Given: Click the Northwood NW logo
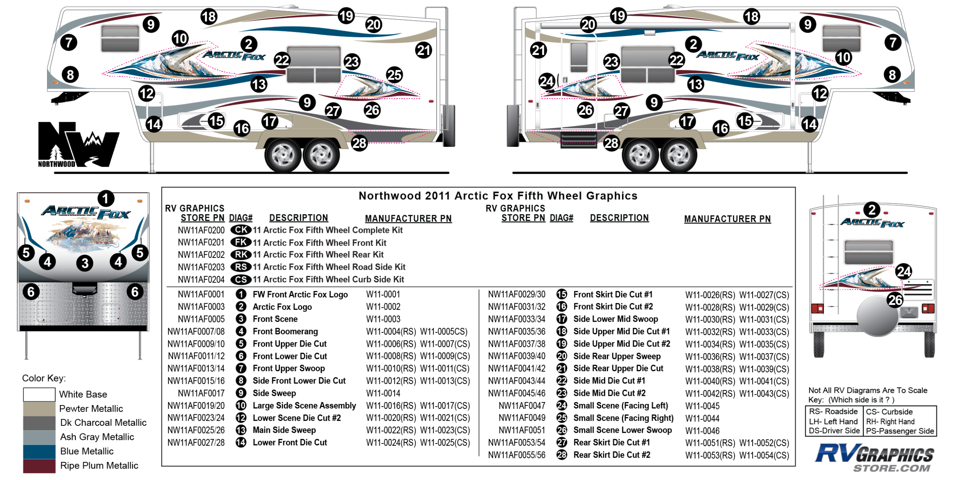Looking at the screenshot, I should [78, 144].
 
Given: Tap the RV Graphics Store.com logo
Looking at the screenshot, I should [875, 458].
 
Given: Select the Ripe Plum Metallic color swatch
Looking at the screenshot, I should [39, 466].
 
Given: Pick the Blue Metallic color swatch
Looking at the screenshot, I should [39, 452].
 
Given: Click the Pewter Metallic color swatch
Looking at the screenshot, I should [39, 409].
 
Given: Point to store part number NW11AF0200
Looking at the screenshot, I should [201, 231].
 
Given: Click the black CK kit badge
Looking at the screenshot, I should [241, 230].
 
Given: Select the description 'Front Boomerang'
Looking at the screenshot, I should [285, 332].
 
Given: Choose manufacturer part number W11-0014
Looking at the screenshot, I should [383, 394].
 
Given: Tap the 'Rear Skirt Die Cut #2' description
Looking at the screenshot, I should [612, 455].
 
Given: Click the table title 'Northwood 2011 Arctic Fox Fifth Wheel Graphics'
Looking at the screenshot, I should [498, 196].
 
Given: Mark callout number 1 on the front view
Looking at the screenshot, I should [106, 199].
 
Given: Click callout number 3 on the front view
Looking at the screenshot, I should [85, 263].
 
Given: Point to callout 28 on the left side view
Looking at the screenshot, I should [359, 143].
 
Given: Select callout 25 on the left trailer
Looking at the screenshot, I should [394, 75].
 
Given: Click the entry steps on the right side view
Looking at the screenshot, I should [578, 140].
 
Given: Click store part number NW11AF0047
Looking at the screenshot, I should [522, 406].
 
